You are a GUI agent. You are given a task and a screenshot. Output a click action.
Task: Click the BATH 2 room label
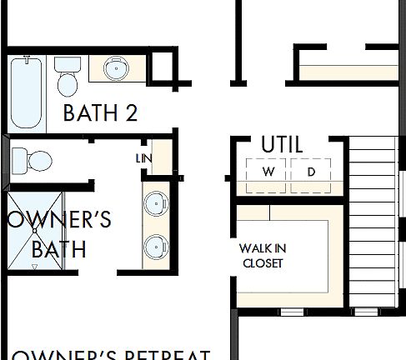(x=99, y=112)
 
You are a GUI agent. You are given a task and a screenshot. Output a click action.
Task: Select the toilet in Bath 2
(x=67, y=76)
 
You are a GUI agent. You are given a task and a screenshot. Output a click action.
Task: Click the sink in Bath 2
(x=117, y=68)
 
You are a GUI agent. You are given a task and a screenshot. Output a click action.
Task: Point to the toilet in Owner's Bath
(x=32, y=159)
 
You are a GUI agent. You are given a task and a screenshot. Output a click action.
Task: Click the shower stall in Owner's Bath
(x=35, y=231)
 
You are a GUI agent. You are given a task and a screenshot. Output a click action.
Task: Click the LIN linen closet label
(x=143, y=157)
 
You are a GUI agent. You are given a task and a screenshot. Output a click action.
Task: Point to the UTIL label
(x=282, y=143)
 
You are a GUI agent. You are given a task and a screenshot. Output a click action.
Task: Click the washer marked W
(x=268, y=172)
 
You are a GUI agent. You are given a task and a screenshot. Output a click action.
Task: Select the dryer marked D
(x=311, y=172)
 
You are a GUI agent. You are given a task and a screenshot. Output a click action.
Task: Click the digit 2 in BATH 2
(x=131, y=112)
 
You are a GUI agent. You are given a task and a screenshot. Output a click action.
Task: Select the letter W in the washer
(x=268, y=172)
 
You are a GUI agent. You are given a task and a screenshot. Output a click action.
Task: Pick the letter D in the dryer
(x=311, y=172)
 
